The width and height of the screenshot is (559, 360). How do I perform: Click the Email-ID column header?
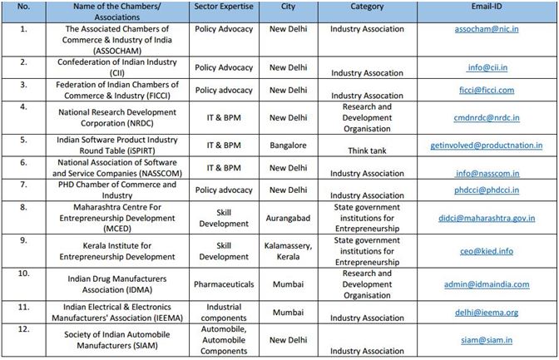pos(487,7)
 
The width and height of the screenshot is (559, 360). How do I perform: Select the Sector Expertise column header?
pos(224,7)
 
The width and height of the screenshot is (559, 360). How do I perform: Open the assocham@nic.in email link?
pos(487,29)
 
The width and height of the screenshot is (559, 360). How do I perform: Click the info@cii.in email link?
pos(487,67)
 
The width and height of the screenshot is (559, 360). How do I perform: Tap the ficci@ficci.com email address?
pos(487,90)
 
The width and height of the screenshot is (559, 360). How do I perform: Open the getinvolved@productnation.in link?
pos(487,145)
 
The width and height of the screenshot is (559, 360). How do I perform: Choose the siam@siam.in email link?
pos(487,340)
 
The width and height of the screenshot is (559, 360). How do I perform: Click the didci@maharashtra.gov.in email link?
pos(487,218)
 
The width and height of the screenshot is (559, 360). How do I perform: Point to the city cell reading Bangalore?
pos(288,145)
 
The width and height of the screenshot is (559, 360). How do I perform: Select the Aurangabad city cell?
pos(288,218)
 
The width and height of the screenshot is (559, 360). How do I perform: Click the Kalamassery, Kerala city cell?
pos(288,251)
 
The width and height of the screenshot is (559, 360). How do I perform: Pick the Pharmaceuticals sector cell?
pos(224,284)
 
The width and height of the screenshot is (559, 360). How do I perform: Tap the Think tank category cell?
pos(367,150)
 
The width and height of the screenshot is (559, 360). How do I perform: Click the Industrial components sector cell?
pos(224,313)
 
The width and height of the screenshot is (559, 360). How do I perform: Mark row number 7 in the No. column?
pos(23,185)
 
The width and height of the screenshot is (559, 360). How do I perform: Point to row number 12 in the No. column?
pos(23,329)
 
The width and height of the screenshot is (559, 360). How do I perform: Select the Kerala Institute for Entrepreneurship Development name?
pos(117,251)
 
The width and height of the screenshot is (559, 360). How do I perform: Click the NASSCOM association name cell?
pos(117,168)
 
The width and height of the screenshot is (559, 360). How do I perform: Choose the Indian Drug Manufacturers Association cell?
pos(117,284)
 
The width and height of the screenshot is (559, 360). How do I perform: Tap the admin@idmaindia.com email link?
pos(487,284)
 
